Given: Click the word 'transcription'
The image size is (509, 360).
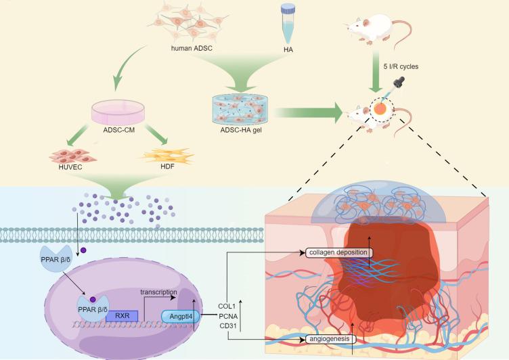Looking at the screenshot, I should click(159, 292).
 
